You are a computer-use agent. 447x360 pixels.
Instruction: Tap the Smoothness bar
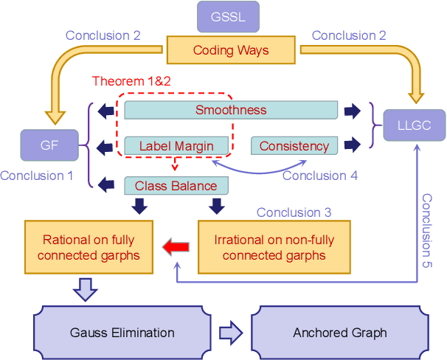(x=231, y=110)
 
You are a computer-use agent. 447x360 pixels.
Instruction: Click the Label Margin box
(x=176, y=146)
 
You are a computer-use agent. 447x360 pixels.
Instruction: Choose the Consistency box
(x=294, y=146)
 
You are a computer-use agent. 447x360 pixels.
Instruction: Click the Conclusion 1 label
(x=37, y=176)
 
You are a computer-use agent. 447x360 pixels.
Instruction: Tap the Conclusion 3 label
(x=294, y=212)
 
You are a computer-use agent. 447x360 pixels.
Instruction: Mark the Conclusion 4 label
(x=319, y=176)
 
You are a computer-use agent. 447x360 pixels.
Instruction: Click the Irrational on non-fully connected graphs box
(x=274, y=247)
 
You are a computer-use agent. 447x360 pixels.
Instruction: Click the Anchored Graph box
(x=339, y=333)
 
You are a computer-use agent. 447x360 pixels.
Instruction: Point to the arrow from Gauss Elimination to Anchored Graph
(x=230, y=333)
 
